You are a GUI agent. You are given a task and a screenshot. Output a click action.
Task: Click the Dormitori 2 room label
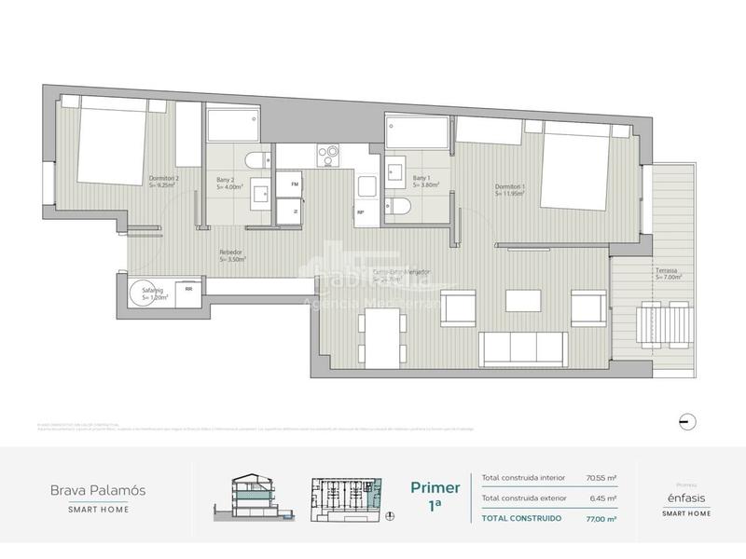(164, 182)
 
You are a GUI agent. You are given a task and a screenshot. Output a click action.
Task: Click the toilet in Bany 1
(399, 206)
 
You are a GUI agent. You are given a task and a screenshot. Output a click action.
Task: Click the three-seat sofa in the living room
(522, 348)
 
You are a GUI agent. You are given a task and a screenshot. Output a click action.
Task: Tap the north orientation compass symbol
(686, 419)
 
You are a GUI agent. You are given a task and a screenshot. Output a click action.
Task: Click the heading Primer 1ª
(435, 495)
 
